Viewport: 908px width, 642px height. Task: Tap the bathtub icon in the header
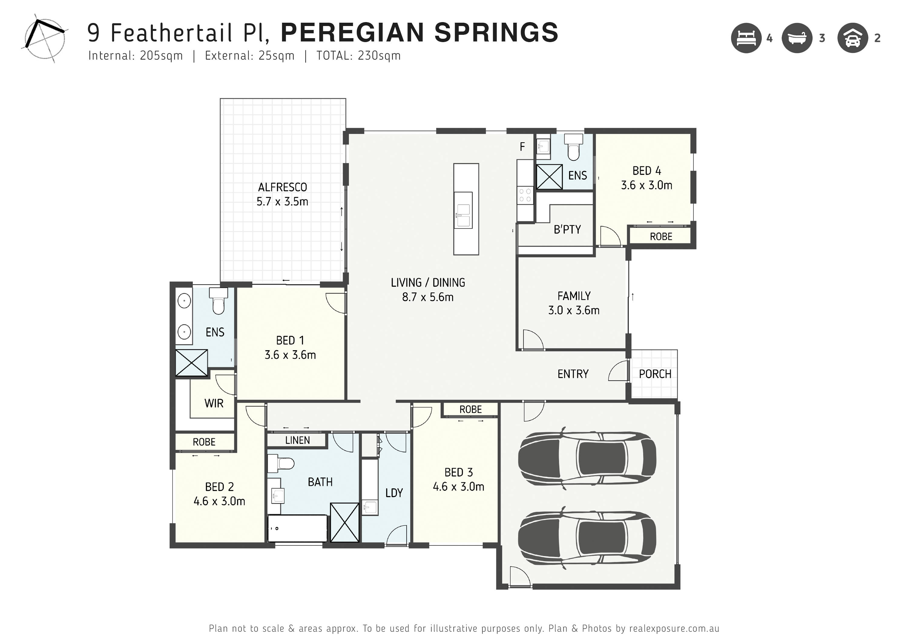point(797,38)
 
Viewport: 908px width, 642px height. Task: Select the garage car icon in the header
point(853,38)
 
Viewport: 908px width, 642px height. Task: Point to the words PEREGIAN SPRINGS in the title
point(419,32)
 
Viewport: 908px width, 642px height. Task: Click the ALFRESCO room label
point(282,187)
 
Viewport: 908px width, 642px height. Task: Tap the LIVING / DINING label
point(428,282)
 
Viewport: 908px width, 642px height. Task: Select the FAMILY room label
point(574,296)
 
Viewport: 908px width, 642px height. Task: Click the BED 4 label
point(646,171)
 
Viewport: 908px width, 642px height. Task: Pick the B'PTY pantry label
point(567,229)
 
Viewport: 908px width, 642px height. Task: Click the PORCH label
point(655,374)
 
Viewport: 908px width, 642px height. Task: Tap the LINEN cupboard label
point(298,440)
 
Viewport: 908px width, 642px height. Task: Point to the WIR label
point(214,403)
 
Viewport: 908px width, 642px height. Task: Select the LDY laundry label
point(394,493)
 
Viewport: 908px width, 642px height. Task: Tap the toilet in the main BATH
point(281,463)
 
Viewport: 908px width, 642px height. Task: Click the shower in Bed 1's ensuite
point(191,363)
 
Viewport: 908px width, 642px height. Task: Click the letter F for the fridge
point(522,147)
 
